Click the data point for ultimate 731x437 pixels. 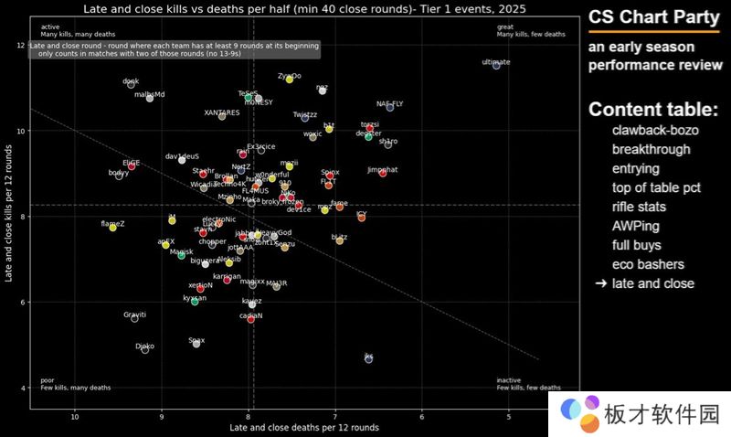[496, 66]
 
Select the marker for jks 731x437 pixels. [369, 359]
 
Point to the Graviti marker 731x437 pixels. [134, 318]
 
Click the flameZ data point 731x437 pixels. [112, 228]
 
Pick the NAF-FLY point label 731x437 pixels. [389, 103]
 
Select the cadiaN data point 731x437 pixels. [250, 319]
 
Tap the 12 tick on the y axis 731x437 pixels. [20, 46]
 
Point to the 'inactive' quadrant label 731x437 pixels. [509, 380]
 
